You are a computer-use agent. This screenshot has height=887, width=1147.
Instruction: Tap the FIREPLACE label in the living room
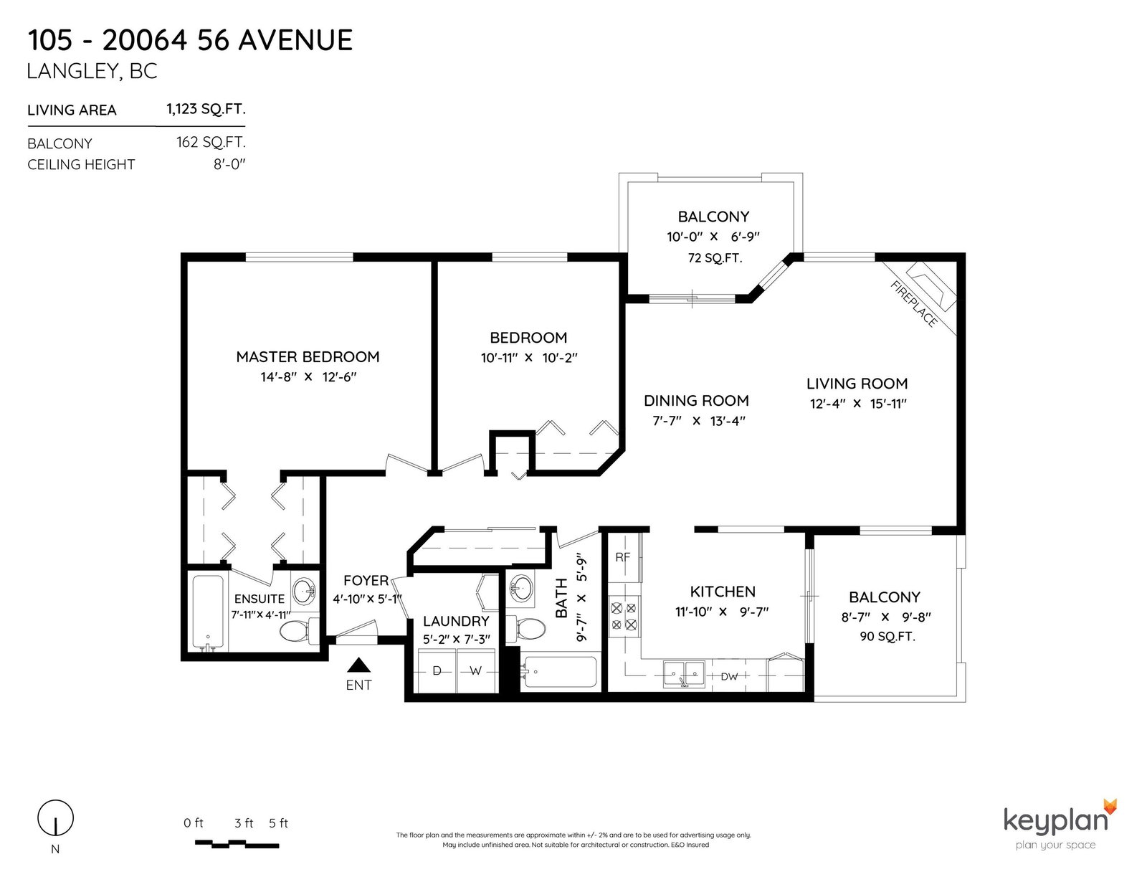tap(914, 304)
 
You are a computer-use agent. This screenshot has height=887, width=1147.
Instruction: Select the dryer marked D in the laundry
tap(437, 670)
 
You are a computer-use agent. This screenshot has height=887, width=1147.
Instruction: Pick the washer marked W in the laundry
tap(476, 670)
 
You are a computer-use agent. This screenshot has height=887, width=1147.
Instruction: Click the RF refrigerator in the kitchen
tap(624, 558)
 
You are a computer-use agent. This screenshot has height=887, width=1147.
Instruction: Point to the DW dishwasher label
tap(729, 676)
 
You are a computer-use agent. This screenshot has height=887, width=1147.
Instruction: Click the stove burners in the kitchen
tap(624, 616)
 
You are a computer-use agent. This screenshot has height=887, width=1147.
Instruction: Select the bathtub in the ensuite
tap(209, 613)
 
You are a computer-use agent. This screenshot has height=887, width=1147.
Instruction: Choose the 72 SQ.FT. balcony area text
tap(715, 258)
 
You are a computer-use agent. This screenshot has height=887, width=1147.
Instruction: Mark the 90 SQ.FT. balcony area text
tap(887, 637)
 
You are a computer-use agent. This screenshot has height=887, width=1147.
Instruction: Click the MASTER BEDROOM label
tap(308, 357)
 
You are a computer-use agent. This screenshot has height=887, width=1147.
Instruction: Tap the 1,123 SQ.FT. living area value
tap(206, 109)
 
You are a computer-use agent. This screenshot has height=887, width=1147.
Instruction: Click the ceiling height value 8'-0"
tap(229, 164)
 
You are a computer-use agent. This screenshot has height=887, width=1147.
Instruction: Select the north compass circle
tap(55, 818)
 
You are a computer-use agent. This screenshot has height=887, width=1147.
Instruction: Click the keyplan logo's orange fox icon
tap(1110, 806)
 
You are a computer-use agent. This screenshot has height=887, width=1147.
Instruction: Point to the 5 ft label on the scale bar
tap(278, 823)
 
